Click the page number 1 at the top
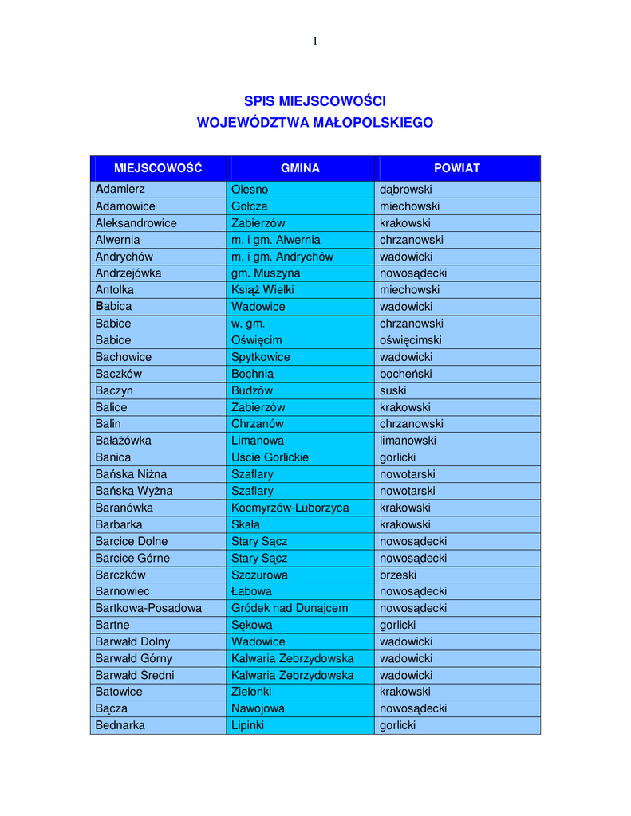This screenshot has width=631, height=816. [x=315, y=41]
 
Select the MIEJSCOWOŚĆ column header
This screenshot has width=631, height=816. [x=158, y=168]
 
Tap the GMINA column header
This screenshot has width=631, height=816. [x=300, y=168]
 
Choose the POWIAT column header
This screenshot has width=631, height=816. [x=457, y=168]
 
